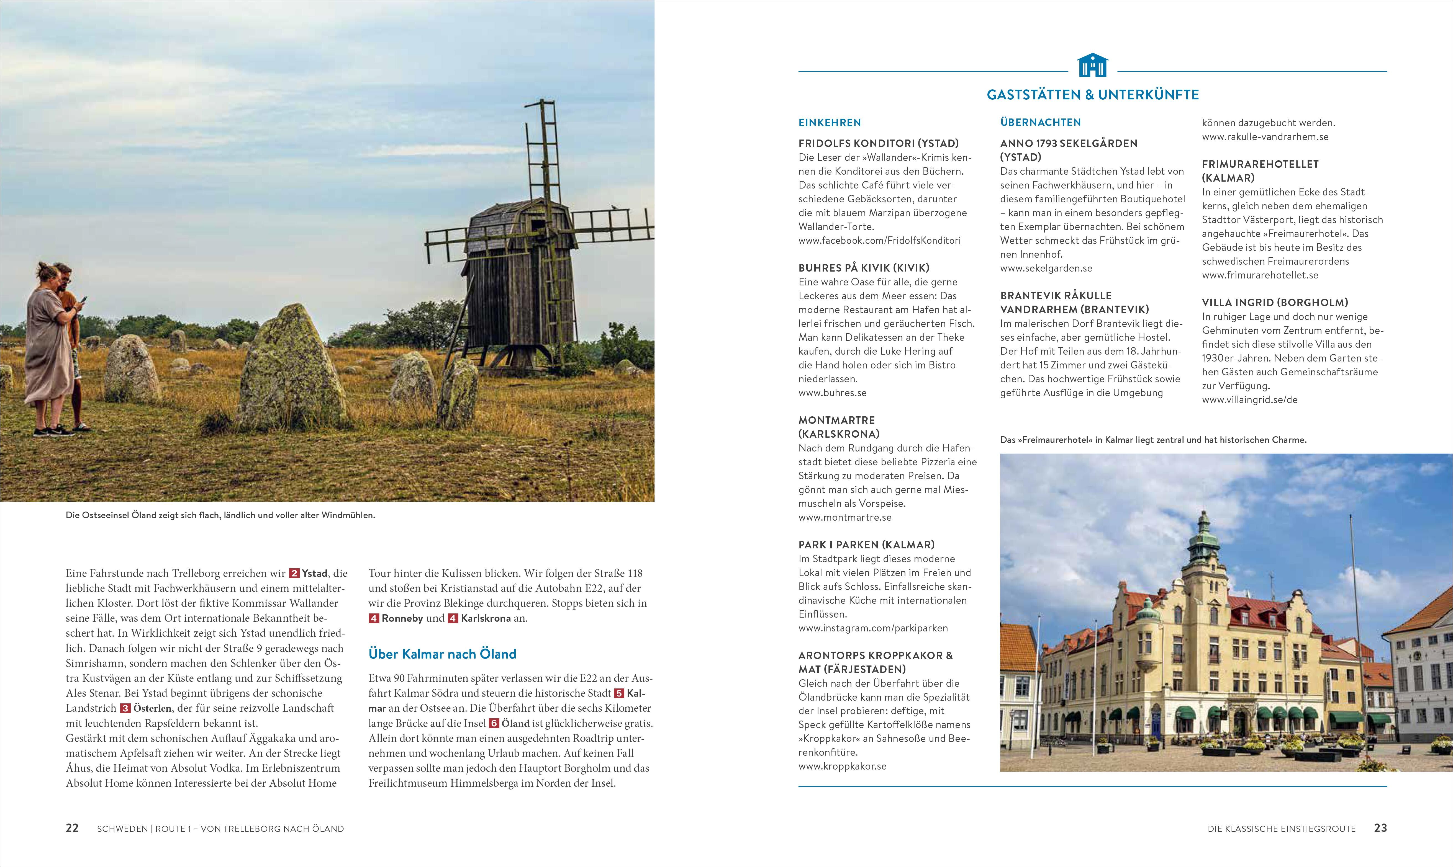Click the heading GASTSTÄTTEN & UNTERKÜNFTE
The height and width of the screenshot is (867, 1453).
click(x=1092, y=95)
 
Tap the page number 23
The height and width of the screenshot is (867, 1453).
click(x=1380, y=828)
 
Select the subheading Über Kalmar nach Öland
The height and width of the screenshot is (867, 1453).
click(x=442, y=654)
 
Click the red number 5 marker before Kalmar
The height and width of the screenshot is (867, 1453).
click(x=619, y=693)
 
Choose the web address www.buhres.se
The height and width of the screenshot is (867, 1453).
click(x=832, y=393)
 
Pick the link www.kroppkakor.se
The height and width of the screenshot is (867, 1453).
click(x=842, y=766)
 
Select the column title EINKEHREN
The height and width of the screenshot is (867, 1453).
click(x=829, y=123)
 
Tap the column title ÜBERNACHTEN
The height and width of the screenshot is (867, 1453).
click(x=1040, y=123)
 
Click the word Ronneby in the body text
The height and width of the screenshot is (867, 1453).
click(x=402, y=618)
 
